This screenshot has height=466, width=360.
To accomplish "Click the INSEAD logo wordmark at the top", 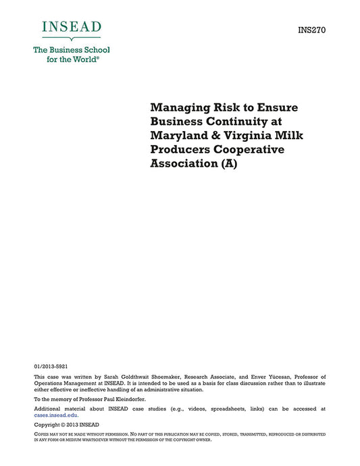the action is coord(71,28).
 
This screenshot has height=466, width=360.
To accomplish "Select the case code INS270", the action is coord(311,30).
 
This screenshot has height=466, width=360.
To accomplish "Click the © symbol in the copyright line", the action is coord(59,425).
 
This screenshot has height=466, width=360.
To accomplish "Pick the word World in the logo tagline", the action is coord(83,59).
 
